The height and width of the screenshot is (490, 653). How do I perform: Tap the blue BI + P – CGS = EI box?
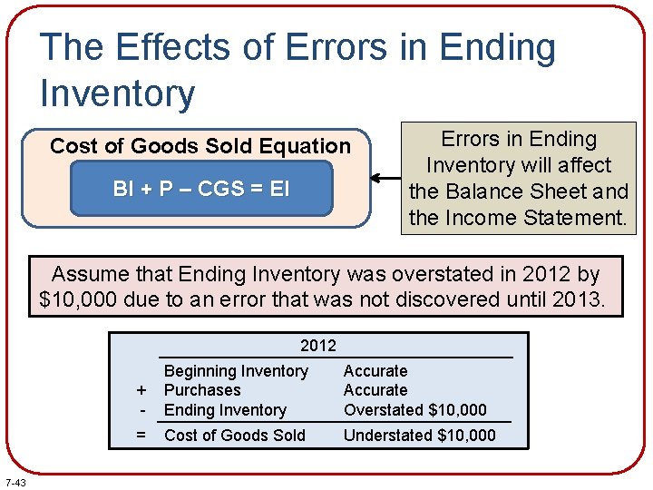pos(201,189)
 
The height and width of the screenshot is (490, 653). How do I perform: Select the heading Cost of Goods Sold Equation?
pos(200,146)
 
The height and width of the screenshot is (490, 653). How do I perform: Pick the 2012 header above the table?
pos(317,345)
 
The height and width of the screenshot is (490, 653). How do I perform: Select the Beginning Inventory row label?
pos(236,371)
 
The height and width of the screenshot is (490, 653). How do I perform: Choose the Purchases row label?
pos(202,390)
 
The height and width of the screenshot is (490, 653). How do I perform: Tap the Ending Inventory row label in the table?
pos(225,410)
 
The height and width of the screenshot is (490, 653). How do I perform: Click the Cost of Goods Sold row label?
pos(235,436)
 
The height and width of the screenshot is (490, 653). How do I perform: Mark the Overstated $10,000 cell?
pos(415,410)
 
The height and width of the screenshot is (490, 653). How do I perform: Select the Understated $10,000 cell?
pos(420,436)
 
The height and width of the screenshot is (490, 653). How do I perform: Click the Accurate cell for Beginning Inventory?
pos(375,371)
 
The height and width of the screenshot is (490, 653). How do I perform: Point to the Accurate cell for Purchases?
pos(375,390)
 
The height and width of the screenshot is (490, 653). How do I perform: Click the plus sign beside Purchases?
pos(141,391)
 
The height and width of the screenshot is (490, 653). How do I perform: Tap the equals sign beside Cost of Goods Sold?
pos(141,436)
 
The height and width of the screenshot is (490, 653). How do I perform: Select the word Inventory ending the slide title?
pos(117,93)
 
